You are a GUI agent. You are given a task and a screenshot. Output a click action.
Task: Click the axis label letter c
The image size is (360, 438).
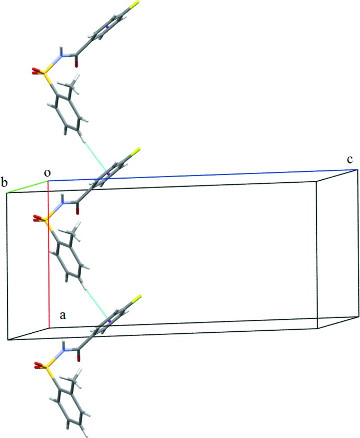[351, 158]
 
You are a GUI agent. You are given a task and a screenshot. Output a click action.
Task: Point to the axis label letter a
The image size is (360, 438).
[62, 315]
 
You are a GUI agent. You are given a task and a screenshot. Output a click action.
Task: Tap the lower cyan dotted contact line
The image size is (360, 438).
[96, 302]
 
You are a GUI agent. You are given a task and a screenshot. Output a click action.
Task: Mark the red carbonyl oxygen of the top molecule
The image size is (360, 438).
[78, 64]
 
